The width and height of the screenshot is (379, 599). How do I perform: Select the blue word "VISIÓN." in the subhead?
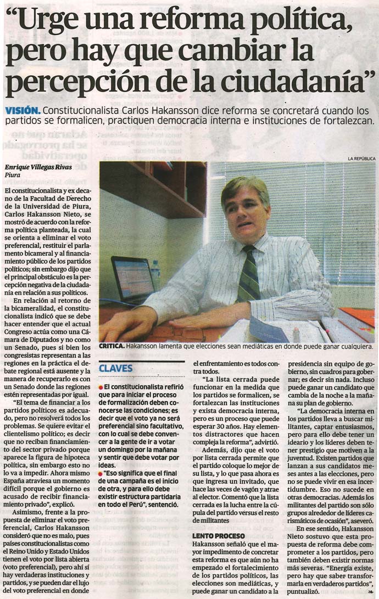[x=22, y=110]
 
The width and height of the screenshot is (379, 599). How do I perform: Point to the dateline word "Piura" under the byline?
[x=12, y=176]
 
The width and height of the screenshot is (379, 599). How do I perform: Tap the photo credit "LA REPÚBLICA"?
[x=361, y=159]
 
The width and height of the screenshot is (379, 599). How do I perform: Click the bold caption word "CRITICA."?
[x=112, y=346]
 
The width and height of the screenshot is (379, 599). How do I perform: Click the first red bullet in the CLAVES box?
[x=101, y=387]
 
